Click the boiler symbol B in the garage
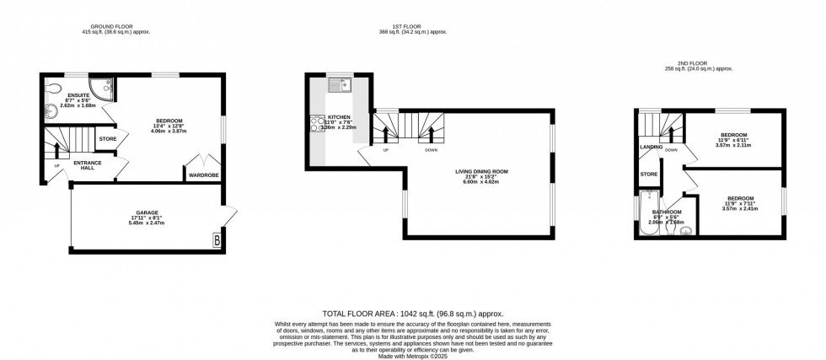pos(218,239)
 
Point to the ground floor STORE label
pos(107,139)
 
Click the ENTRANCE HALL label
pos(88,165)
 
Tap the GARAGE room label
pos(147,212)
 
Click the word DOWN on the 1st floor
pos(431,150)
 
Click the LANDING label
pos(651,147)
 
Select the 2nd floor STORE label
pos(648,175)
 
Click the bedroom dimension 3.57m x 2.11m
pos(733,145)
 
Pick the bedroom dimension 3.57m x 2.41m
pos(740,207)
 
